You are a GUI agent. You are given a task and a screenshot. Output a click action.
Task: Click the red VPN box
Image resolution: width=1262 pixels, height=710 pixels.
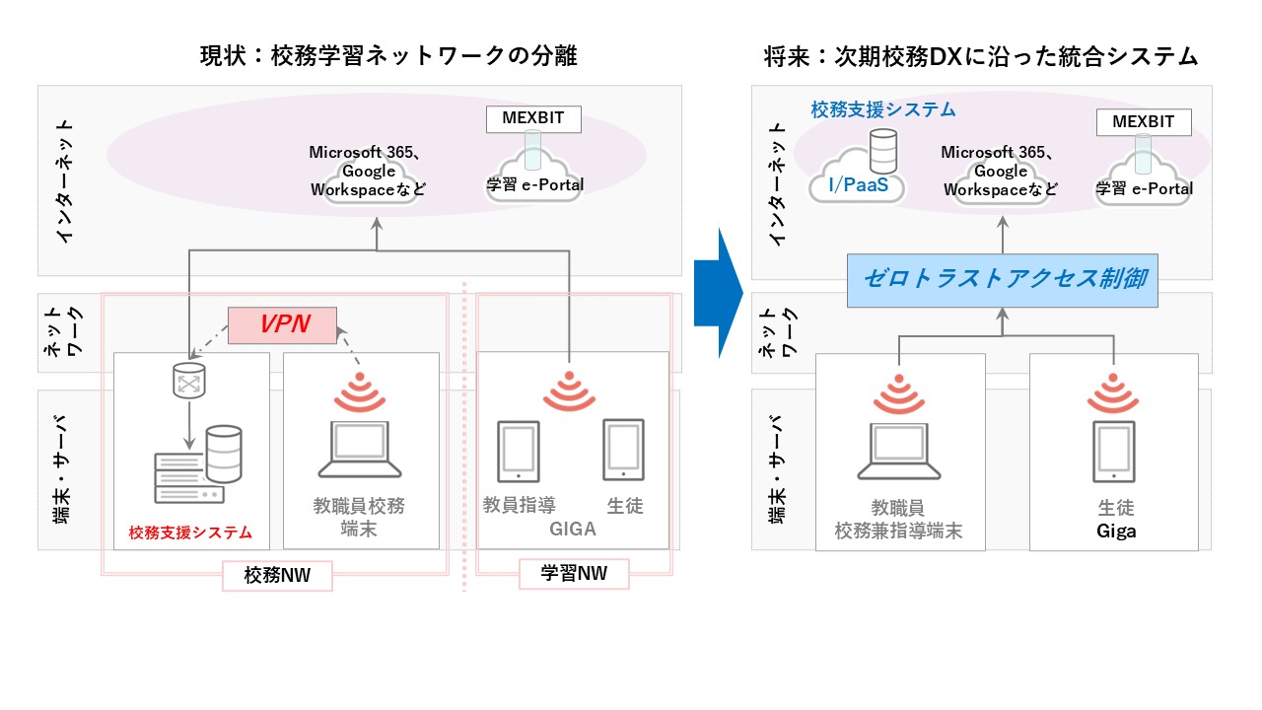pos(283,325)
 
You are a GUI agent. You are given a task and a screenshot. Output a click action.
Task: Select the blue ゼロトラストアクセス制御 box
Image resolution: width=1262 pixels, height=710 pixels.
pos(1003,279)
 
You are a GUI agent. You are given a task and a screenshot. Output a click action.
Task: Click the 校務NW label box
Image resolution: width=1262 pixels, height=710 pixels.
pos(276,576)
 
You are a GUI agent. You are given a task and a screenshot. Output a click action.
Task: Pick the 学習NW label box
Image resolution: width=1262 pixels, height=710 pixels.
pos(574,573)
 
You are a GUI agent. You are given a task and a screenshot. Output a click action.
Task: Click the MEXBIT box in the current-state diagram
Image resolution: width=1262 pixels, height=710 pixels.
pos(533,120)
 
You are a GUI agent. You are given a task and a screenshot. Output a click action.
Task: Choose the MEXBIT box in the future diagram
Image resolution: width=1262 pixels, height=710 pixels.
pos(1144,122)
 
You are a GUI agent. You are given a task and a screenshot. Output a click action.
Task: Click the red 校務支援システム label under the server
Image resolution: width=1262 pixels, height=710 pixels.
pos(190,533)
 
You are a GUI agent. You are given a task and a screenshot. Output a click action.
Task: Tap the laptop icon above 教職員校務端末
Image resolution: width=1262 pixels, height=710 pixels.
pos(359,451)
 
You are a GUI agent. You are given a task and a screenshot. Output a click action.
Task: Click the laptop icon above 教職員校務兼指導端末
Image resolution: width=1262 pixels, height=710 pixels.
pos(898,451)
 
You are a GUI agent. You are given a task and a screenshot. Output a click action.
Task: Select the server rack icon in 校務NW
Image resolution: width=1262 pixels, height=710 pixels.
pos(187,477)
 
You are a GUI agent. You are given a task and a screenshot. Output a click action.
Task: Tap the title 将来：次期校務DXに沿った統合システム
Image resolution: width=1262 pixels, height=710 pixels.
pos(980,57)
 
